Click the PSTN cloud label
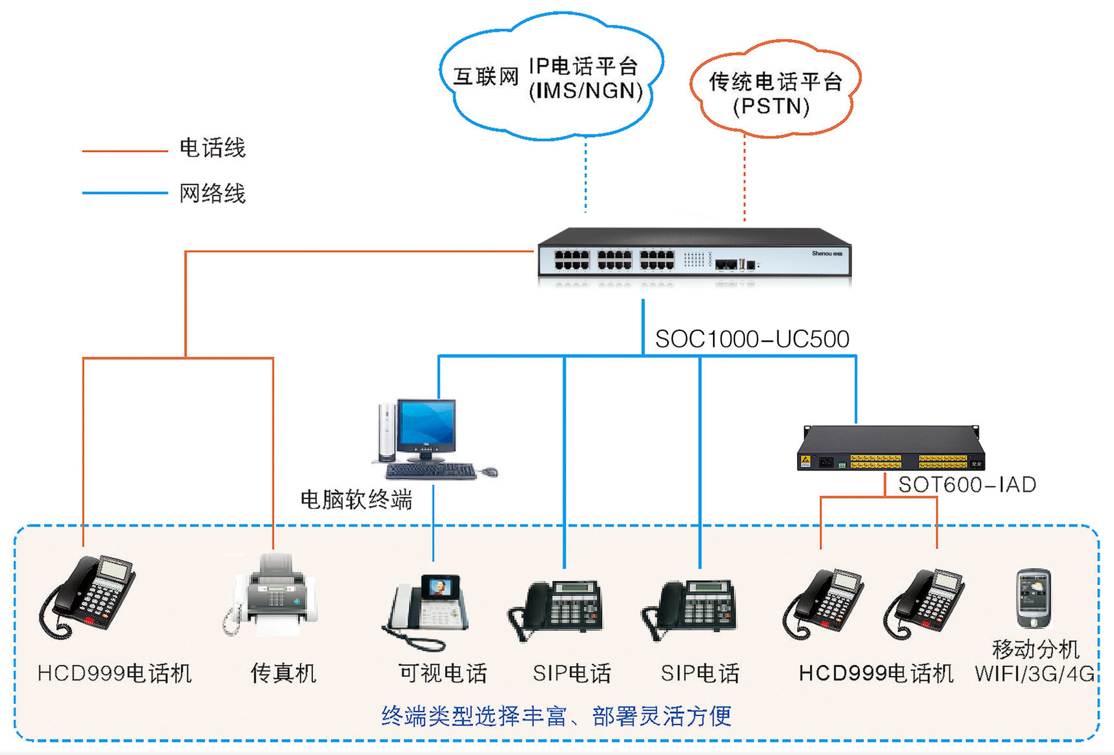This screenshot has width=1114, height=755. click(x=771, y=107)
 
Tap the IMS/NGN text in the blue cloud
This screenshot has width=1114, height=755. click(x=586, y=91)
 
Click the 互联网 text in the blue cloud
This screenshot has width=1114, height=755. click(x=486, y=76)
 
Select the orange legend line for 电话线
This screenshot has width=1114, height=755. click(x=125, y=151)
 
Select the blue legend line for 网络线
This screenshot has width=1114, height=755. click(x=125, y=193)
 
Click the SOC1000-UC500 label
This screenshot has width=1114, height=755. click(x=752, y=339)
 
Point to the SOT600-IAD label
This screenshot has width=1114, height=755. click(x=967, y=485)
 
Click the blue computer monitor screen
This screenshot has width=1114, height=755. click(x=426, y=422)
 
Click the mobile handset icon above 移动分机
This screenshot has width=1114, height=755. click(x=1033, y=598)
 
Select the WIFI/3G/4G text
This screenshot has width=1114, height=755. click(x=1035, y=674)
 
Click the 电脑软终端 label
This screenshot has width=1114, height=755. click(x=356, y=500)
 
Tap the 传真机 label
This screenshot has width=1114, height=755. click(x=283, y=673)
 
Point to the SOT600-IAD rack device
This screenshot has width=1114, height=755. click(x=891, y=449)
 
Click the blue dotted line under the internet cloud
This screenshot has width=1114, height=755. click(x=585, y=174)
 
